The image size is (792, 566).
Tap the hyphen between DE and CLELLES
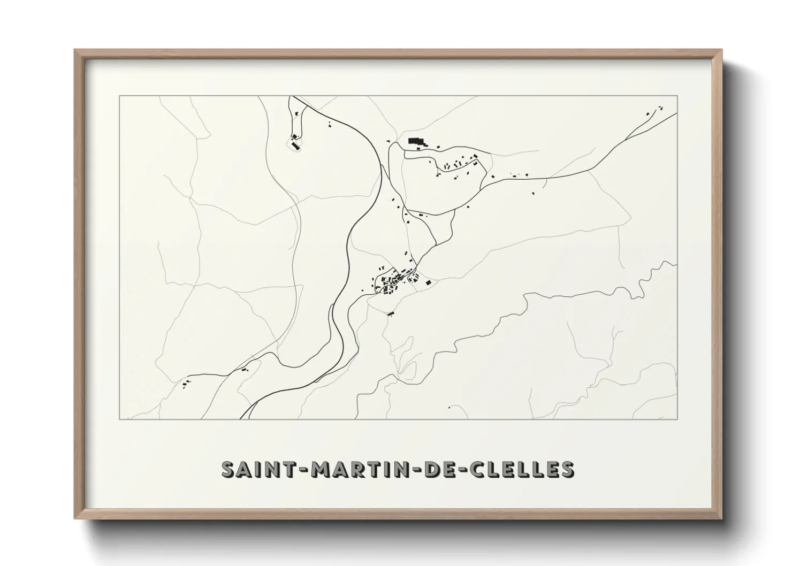460,470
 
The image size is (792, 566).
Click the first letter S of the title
229,469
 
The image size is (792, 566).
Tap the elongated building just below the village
391,313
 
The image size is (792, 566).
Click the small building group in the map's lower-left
187,383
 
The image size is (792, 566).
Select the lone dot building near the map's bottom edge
449,407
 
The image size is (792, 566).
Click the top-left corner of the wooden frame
75,50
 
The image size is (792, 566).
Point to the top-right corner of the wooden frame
721,50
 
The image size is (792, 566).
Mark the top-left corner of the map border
119,96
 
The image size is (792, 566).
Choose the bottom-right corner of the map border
677,419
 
